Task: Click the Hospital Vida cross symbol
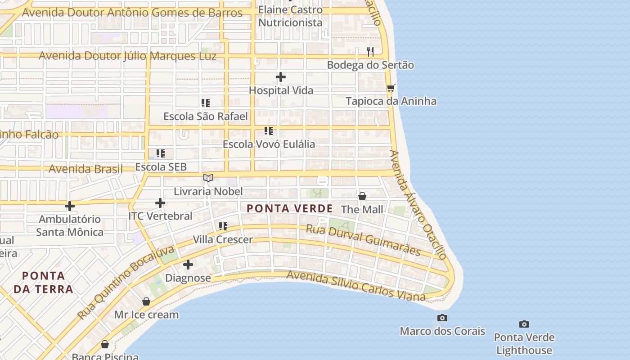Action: [281, 77]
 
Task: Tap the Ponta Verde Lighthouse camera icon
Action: [524, 324]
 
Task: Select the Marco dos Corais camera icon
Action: [442, 318]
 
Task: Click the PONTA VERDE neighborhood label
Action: [290, 209]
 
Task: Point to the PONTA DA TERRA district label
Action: [43, 282]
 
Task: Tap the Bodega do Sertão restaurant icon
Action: [370, 51]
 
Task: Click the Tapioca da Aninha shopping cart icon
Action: [391, 88]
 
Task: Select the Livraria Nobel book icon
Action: [208, 178]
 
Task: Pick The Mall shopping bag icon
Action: [362, 196]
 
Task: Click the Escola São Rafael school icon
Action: [206, 103]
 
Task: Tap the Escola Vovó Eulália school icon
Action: [269, 131]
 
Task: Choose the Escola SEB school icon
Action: [161, 153]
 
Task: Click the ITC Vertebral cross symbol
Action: [160, 203]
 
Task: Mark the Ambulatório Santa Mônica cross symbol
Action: [70, 206]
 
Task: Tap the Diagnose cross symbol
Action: [188, 265]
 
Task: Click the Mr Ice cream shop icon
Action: [146, 301]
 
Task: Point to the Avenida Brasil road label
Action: [85, 169]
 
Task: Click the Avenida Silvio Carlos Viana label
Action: [355, 286]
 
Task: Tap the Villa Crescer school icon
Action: [223, 226]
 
